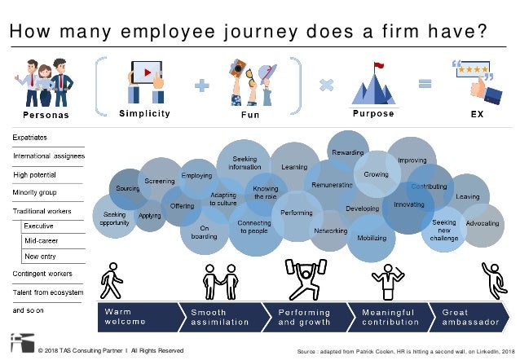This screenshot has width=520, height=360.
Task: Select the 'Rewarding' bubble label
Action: [x=346, y=152]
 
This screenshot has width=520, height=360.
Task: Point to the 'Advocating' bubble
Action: [x=483, y=222]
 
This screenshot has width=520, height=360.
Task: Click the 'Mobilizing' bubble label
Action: [x=371, y=240]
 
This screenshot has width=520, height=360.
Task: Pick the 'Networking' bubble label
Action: [x=330, y=230]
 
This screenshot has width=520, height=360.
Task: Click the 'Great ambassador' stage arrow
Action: [x=468, y=317]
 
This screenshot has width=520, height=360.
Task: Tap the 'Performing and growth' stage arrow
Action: [x=306, y=317]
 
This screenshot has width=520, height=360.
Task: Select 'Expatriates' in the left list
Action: [x=32, y=138]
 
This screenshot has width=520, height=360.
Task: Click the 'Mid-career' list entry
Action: [x=41, y=241]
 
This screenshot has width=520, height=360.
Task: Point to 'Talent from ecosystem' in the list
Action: [x=48, y=292]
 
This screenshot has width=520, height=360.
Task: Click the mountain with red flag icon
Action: [x=372, y=85]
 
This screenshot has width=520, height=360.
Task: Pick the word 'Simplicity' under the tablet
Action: [x=144, y=114]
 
